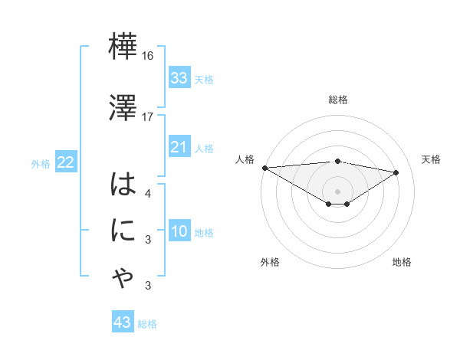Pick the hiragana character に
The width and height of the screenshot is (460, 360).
(x=123, y=231)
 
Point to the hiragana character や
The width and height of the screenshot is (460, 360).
(x=123, y=278)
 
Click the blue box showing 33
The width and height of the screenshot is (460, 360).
(x=179, y=78)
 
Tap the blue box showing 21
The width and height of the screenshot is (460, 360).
(x=179, y=147)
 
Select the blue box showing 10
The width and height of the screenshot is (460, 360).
(x=179, y=231)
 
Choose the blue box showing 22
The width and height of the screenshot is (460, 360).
(x=66, y=162)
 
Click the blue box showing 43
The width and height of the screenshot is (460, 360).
(x=123, y=322)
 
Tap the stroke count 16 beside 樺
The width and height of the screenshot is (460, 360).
(x=147, y=57)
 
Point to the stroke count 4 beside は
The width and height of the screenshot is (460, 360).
(x=147, y=193)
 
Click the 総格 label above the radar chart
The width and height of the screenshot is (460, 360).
(x=338, y=100)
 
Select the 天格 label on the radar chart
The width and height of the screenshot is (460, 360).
(x=431, y=159)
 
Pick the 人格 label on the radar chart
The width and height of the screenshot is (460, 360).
(x=244, y=159)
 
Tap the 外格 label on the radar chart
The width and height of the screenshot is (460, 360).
(x=270, y=262)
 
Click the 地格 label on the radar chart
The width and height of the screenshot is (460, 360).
(x=402, y=262)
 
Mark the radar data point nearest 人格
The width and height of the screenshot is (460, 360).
(x=264, y=168)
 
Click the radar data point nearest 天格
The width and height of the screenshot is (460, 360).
(x=396, y=172)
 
